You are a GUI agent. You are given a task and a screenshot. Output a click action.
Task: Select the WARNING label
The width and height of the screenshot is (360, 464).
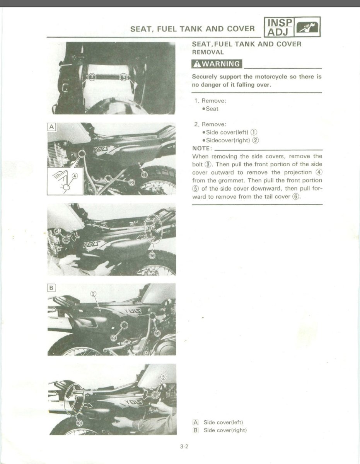pyautogui.click(x=216, y=64)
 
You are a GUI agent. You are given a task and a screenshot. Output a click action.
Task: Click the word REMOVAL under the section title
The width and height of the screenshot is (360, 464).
pyautogui.click(x=208, y=52)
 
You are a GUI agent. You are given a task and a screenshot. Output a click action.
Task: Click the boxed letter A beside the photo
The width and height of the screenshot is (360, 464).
pyautogui.click(x=51, y=126)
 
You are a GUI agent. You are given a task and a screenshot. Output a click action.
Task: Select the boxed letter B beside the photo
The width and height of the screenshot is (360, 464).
pyautogui.click(x=51, y=287)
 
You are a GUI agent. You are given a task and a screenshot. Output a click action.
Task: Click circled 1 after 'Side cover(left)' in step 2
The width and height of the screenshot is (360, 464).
pyautogui.click(x=254, y=133)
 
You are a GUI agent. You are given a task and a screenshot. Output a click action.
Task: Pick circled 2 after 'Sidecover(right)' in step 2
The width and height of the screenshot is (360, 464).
pyautogui.click(x=256, y=140)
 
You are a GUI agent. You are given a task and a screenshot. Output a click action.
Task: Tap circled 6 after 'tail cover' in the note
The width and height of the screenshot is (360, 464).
pyautogui.click(x=296, y=196)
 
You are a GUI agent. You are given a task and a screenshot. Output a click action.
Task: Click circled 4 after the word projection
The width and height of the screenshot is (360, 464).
pyautogui.click(x=319, y=172)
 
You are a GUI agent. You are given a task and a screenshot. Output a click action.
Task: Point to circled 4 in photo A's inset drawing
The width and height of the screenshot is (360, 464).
pyautogui.click(x=75, y=176)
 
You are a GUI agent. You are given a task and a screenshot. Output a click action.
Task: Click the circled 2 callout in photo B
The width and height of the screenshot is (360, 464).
pyautogui.click(x=93, y=293)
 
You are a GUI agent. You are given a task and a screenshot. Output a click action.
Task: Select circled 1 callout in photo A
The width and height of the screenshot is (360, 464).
pyautogui.click(x=144, y=175)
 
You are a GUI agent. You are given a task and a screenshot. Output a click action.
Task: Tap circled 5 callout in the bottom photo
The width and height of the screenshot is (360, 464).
pyautogui.click(x=163, y=376)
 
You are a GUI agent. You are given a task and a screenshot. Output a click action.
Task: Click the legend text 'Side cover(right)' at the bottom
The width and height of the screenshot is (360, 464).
pyautogui.click(x=225, y=430)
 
